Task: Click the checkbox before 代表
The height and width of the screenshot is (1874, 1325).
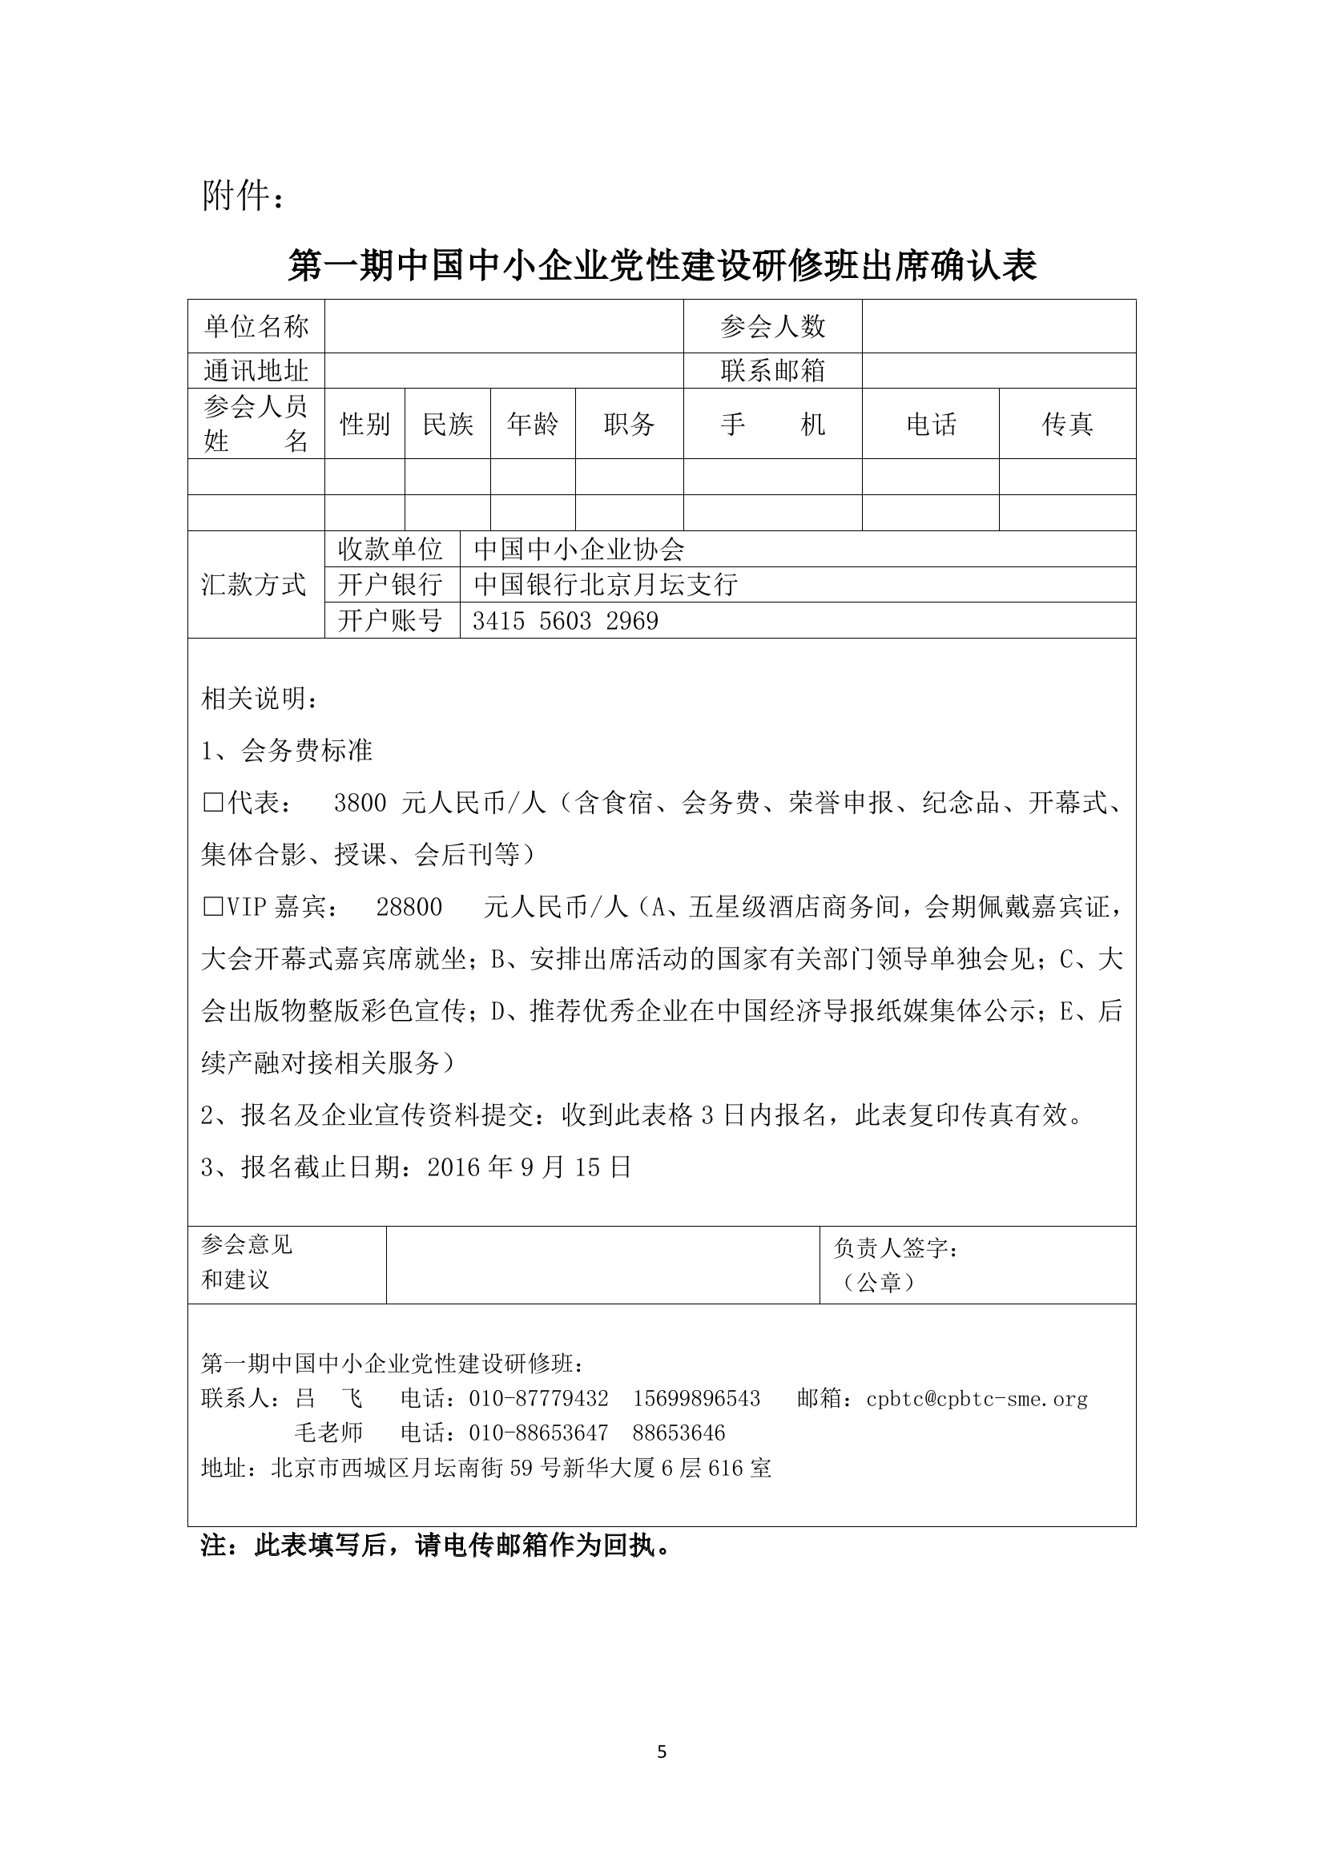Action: point(212,804)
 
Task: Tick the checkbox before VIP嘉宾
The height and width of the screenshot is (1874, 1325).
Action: point(212,908)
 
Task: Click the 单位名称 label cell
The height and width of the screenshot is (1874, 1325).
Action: point(256,328)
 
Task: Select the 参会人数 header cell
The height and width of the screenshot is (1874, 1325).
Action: point(771,328)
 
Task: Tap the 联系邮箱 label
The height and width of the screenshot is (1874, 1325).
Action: point(771,372)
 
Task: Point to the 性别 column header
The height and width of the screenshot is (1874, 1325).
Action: point(364,425)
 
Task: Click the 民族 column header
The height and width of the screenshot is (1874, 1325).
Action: point(448,425)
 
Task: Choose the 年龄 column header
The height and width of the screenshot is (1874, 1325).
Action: point(532,425)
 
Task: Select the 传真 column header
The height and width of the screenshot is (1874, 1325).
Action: point(1067,425)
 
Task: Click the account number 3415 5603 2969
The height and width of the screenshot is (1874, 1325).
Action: point(566,622)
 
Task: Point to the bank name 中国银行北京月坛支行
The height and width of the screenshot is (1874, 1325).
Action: point(606,585)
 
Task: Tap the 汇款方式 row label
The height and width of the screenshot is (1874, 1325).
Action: point(254,585)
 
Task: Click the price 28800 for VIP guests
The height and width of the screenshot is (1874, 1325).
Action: point(409,908)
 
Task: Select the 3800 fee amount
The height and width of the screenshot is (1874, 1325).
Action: point(360,804)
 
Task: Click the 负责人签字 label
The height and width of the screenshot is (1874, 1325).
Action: point(896,1249)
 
